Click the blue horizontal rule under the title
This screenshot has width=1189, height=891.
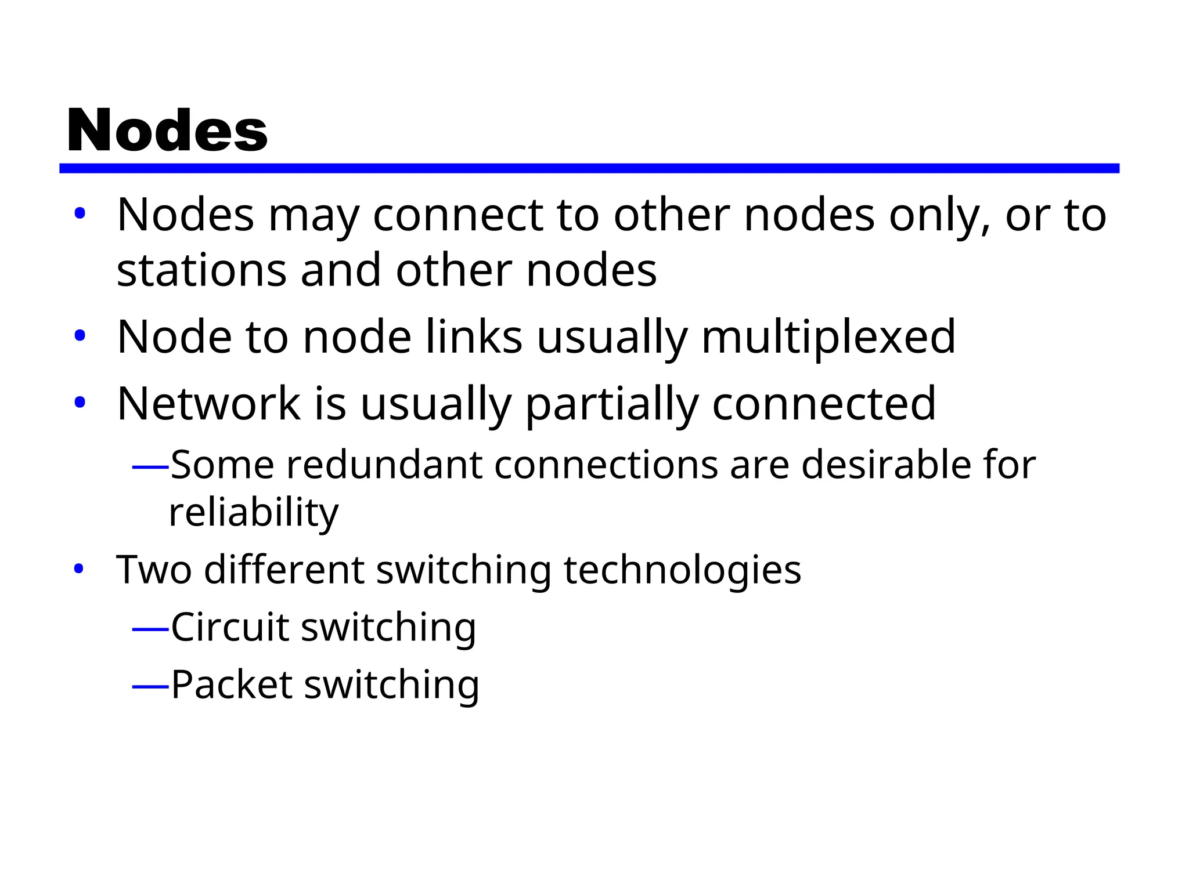pos(589,168)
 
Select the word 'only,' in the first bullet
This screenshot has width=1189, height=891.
pos(939,216)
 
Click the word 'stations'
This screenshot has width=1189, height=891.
pos(201,270)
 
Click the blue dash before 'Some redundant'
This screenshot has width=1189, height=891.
pos(150,466)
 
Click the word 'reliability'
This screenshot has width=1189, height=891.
pos(253,513)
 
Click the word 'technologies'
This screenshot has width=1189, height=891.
pos(682,570)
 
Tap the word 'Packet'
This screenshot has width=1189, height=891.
pos(232,684)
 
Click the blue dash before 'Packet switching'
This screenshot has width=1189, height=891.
pos(150,687)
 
